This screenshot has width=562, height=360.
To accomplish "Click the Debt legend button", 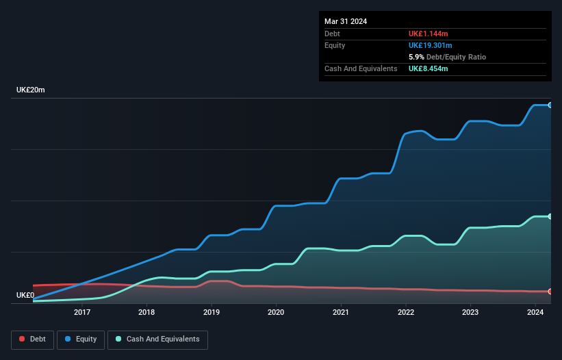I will [31, 339].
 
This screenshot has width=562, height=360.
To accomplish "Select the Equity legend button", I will [81, 339].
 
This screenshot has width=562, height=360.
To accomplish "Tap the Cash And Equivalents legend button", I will [157, 339].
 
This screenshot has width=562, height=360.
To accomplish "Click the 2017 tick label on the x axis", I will [82, 313].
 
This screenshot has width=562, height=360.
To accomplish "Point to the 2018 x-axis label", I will [146, 313].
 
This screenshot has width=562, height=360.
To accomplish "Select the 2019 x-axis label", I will [212, 313].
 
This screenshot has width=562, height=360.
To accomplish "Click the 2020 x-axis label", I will [276, 313].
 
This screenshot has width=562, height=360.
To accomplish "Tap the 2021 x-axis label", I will [341, 313].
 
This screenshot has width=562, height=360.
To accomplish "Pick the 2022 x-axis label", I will [406, 313].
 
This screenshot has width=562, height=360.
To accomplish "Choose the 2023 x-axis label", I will [470, 313].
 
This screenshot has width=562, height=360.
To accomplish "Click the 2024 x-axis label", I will [535, 313].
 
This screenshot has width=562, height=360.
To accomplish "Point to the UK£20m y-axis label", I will [31, 90].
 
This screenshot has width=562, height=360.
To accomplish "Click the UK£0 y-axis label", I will [25, 296].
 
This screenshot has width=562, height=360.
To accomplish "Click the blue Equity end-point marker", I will [550, 105].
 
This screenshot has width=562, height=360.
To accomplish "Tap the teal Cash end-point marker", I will [550, 216].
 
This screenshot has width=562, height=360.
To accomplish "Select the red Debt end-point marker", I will [550, 292].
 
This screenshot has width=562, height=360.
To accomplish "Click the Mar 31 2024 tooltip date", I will [346, 21].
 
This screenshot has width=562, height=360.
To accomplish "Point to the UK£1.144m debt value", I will [429, 34].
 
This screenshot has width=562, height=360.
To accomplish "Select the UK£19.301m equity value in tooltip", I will [431, 45].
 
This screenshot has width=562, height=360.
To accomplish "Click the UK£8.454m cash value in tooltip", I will [429, 68].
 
